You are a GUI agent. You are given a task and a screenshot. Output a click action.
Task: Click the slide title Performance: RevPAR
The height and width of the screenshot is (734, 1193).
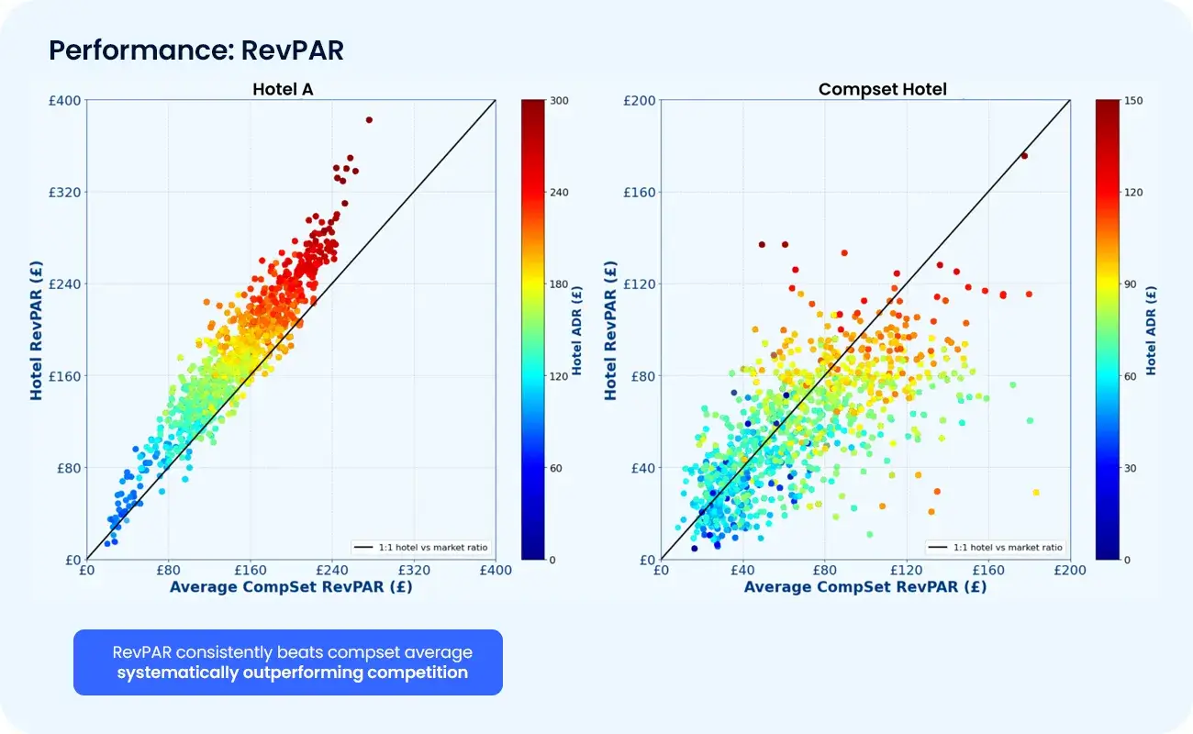pyautogui.click(x=195, y=50)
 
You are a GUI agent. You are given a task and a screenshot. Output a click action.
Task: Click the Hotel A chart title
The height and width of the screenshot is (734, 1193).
pyautogui.click(x=290, y=89)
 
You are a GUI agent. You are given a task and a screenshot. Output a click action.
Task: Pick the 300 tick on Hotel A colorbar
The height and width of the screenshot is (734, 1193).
pyautogui.click(x=559, y=101)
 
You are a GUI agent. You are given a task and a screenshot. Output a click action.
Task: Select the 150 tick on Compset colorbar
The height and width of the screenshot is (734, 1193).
pyautogui.click(x=1132, y=101)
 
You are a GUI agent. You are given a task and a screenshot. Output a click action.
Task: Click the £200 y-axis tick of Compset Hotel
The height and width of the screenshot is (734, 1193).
pyautogui.click(x=639, y=100)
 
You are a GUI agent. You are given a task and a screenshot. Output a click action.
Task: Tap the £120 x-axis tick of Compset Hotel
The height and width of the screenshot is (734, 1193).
pyautogui.click(x=907, y=570)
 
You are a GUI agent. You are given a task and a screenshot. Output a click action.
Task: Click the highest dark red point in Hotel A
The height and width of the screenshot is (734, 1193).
pyautogui.click(x=369, y=119)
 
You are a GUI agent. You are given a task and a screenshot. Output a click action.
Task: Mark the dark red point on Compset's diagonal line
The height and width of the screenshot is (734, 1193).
pyautogui.click(x=1024, y=156)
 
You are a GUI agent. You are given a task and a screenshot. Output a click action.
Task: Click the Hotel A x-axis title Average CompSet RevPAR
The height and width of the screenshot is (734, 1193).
pyautogui.click(x=291, y=587)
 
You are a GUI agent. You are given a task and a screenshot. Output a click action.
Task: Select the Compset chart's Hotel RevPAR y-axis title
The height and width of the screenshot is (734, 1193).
pyautogui.click(x=610, y=329)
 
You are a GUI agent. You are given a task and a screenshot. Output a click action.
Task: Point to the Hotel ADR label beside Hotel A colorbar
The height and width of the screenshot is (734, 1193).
pyautogui.click(x=577, y=329)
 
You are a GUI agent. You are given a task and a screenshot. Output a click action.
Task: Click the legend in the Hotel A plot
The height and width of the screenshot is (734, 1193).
pyautogui.click(x=421, y=548)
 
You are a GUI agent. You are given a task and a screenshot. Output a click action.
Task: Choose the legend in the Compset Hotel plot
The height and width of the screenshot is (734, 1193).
pyautogui.click(x=996, y=548)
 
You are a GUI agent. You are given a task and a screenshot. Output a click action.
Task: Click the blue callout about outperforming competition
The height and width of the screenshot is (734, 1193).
pyautogui.click(x=288, y=662)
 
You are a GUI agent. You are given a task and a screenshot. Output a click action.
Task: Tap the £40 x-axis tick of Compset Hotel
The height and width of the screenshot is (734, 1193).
pyautogui.click(x=742, y=570)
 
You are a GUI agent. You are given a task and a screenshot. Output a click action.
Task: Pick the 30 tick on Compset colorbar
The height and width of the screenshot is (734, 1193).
pyautogui.click(x=1130, y=468)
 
